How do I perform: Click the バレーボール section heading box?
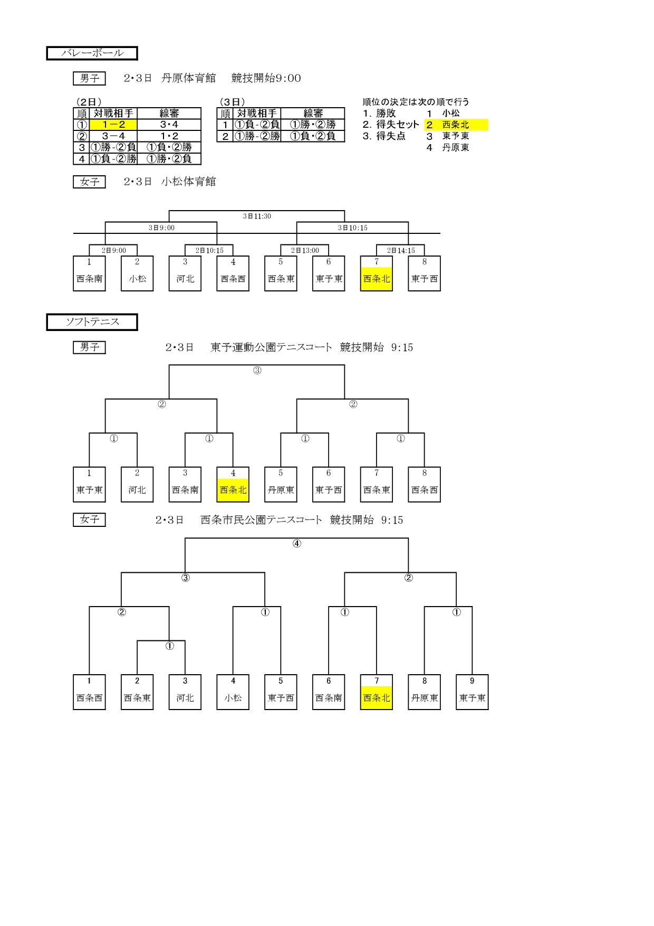92,53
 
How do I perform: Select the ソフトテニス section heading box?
92,322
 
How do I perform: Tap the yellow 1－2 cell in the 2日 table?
113,125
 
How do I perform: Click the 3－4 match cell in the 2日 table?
113,136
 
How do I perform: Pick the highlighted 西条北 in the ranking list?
456,125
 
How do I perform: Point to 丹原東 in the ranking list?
456,148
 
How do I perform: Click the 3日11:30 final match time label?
257,216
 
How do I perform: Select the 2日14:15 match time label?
401,251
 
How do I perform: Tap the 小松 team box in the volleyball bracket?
137,273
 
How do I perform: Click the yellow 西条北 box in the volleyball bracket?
377,273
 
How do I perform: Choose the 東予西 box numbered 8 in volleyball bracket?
425,273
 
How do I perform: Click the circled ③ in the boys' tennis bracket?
257,371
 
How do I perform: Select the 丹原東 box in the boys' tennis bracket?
281,484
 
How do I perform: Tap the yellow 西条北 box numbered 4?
233,484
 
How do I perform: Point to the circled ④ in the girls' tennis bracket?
297,543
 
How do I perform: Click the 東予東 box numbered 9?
472,692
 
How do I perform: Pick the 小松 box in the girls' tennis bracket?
233,692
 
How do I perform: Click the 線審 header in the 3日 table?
313,114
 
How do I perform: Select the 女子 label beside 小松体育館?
89,182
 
